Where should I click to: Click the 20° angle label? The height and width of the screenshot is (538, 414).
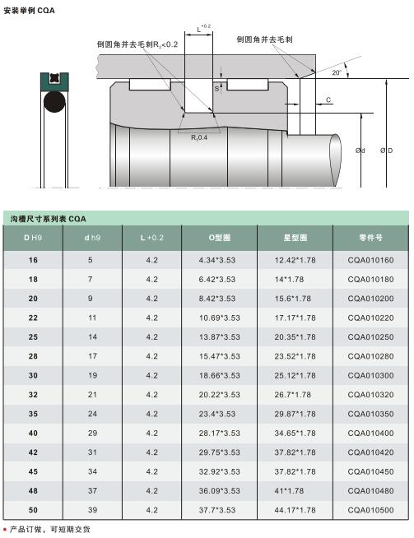pyautogui.click(x=337, y=72)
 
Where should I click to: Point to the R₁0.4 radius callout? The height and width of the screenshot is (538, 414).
pyautogui.click(x=199, y=137)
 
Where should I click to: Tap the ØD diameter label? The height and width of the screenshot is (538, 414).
pyautogui.click(x=387, y=151)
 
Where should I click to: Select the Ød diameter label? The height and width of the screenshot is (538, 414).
pyautogui.click(x=361, y=151)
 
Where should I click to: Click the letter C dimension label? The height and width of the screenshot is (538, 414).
pyautogui.click(x=328, y=100)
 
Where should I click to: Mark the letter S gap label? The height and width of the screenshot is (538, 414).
pyautogui.click(x=216, y=89)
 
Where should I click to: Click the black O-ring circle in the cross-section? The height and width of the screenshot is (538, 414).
pyautogui.click(x=54, y=102)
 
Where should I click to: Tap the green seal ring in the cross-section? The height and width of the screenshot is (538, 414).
pyautogui.click(x=54, y=81)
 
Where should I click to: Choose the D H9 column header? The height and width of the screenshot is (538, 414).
pyautogui.click(x=33, y=238)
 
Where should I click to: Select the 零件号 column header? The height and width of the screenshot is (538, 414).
pyautogui.click(x=370, y=238)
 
